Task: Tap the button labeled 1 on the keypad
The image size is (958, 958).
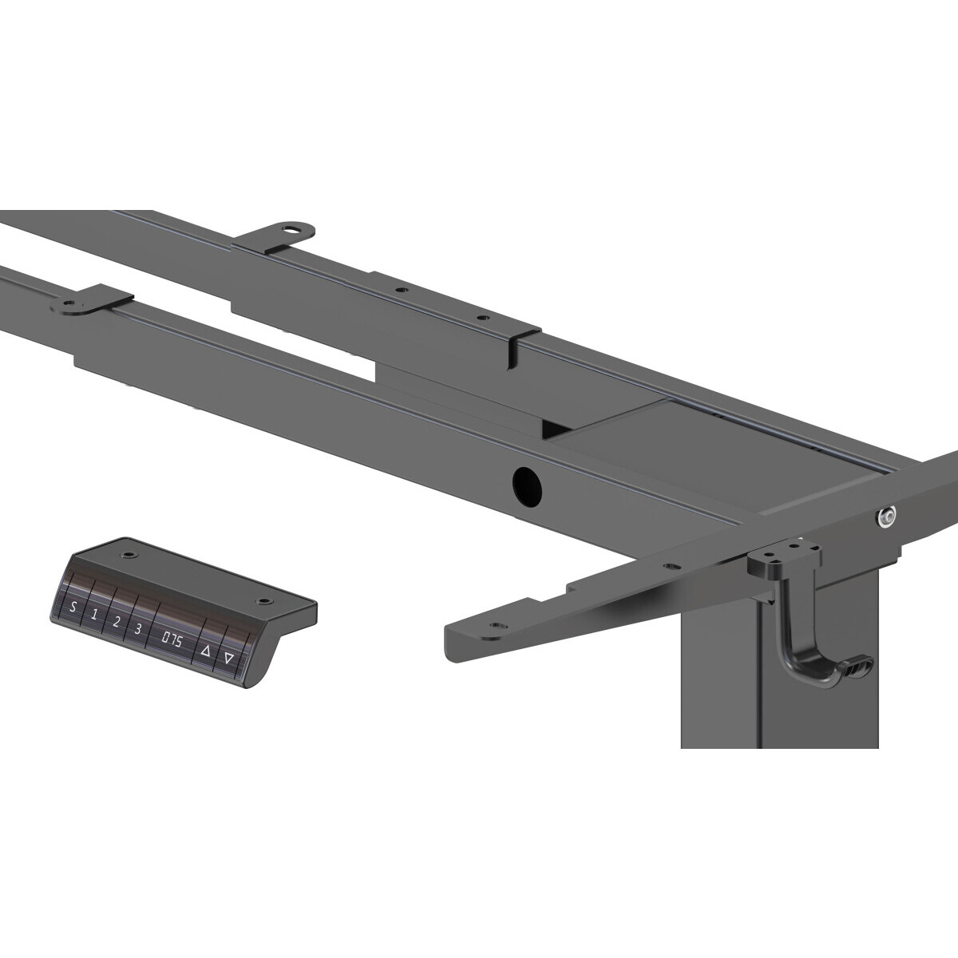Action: coord(94,615)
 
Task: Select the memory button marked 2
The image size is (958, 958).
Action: coord(117,621)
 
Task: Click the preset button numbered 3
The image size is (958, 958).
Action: coord(138,629)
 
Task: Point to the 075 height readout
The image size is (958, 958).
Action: coord(171,641)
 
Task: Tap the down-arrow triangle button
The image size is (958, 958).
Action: coord(228,659)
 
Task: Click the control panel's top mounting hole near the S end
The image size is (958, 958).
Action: coord(130,554)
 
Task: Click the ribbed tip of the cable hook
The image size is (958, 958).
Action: coord(858,667)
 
